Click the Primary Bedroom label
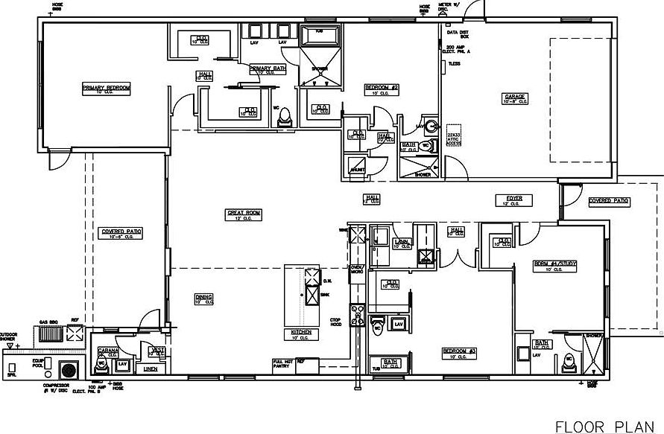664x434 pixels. (x=107, y=88)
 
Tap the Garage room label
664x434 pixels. (x=516, y=97)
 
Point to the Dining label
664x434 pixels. (x=204, y=297)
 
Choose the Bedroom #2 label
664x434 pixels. (x=382, y=88)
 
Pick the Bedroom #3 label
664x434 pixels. (x=459, y=351)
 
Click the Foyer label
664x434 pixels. (x=515, y=199)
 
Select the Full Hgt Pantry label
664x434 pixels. (x=283, y=364)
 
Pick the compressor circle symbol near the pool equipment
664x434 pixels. (x=69, y=369)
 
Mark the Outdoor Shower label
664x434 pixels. (x=8, y=336)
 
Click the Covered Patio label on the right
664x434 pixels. (x=609, y=201)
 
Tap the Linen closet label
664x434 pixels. (x=151, y=368)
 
